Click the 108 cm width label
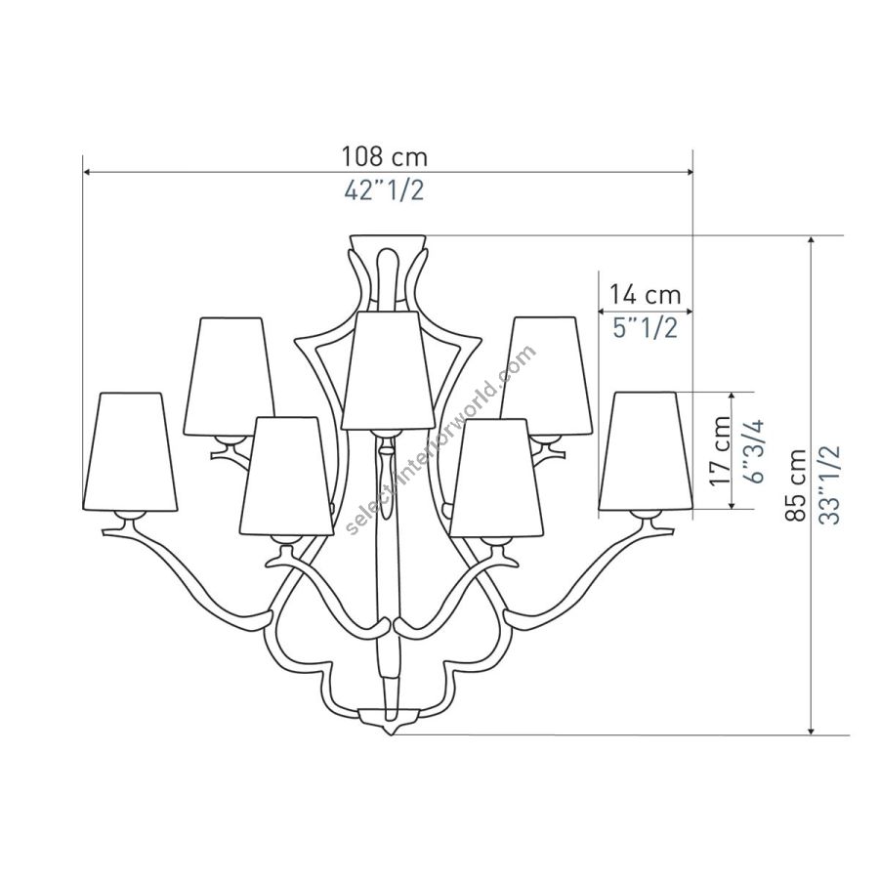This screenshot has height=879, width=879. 385,156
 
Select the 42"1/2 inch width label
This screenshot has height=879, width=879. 384,190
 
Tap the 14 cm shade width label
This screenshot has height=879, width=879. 645,294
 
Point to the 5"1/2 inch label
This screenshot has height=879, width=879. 645,327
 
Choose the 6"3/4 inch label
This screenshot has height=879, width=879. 754,452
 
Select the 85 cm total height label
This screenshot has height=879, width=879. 796,484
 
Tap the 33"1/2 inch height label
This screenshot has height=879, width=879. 830,484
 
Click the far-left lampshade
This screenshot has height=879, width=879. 130,452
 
